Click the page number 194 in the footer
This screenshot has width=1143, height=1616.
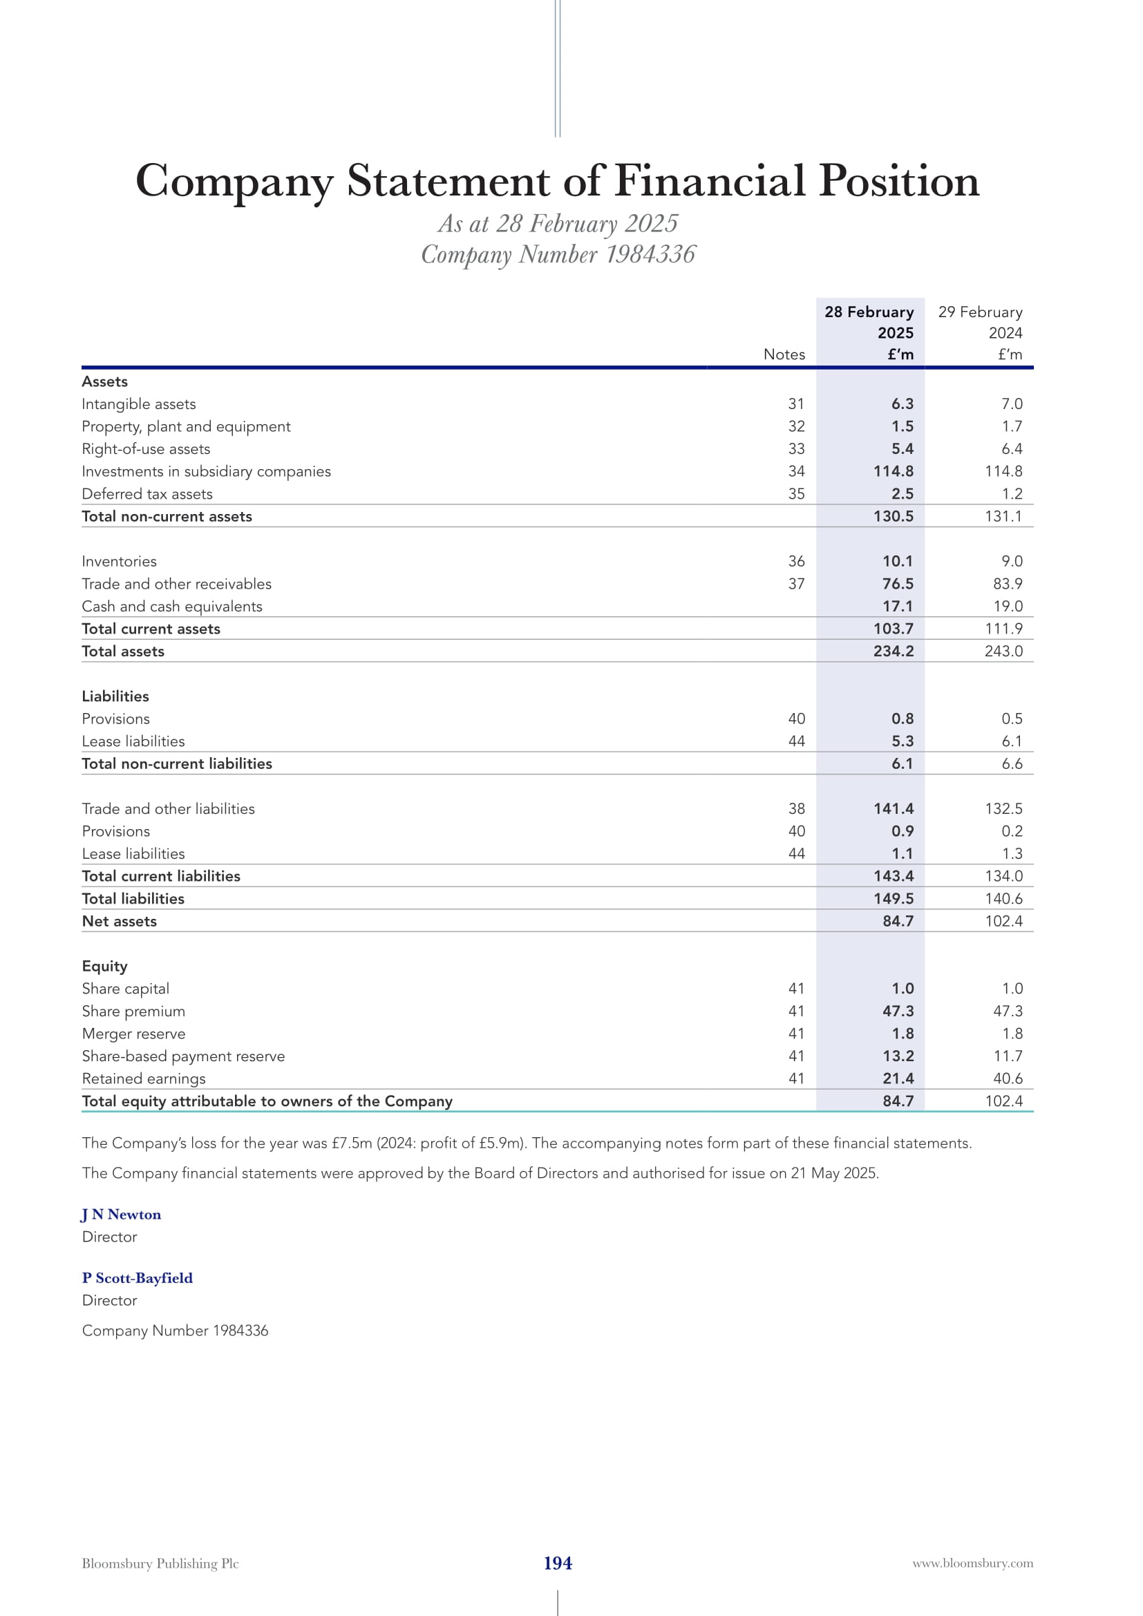[x=558, y=1563]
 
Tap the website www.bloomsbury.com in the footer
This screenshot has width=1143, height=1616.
[x=973, y=1563]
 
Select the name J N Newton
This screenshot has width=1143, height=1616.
[x=121, y=1214]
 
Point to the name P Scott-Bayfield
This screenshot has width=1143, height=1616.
[x=138, y=1277]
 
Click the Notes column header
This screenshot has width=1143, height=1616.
[x=784, y=354]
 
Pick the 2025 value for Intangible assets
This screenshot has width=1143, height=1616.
[x=902, y=404]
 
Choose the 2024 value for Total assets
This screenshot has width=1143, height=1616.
[x=1003, y=651]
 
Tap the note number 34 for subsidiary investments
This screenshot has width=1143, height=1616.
[x=796, y=472]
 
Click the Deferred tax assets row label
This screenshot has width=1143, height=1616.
[x=147, y=494]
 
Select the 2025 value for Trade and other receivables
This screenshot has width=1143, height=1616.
[x=898, y=584]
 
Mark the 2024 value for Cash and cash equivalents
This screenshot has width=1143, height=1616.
[x=1007, y=607]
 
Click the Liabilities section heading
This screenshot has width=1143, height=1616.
[x=115, y=696]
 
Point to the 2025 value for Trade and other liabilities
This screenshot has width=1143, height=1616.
[x=893, y=809]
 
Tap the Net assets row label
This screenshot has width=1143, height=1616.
[x=120, y=922]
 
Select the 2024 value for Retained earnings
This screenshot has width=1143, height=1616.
[x=1007, y=1078]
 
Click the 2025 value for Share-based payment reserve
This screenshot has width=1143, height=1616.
[x=898, y=1056]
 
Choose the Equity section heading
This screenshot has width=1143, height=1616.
[x=105, y=967]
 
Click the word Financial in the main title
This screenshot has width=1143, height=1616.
[x=710, y=181]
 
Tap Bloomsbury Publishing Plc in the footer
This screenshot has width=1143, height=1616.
[x=160, y=1563]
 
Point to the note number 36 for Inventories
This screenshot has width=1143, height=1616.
[x=796, y=562]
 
